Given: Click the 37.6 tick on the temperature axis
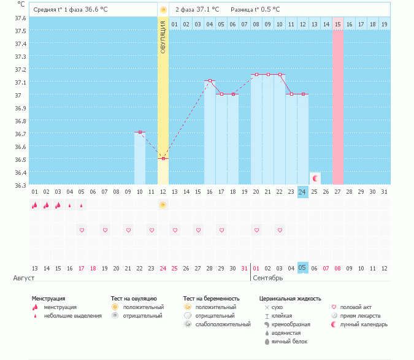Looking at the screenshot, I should pos(20,18).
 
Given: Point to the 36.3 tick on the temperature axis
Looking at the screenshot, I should pos(20,185).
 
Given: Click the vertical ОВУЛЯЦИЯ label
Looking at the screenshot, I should pos(163,37).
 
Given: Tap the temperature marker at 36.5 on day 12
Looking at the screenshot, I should pos(163,159).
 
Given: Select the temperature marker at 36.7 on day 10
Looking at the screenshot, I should pos(140,132).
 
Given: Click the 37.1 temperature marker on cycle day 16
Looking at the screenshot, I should pos(210,81).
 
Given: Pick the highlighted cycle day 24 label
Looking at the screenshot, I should pos(302,192).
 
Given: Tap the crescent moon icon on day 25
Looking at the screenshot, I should pos(315,178).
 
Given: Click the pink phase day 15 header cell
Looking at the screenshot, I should pos(337,24).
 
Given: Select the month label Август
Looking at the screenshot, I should pos(20,278).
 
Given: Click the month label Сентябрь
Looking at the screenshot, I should pos(267,278).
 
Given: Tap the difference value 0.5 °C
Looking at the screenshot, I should pos(267,10).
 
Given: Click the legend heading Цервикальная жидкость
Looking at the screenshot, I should pos(290,299).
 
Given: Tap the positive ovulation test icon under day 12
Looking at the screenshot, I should pos(163,205).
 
